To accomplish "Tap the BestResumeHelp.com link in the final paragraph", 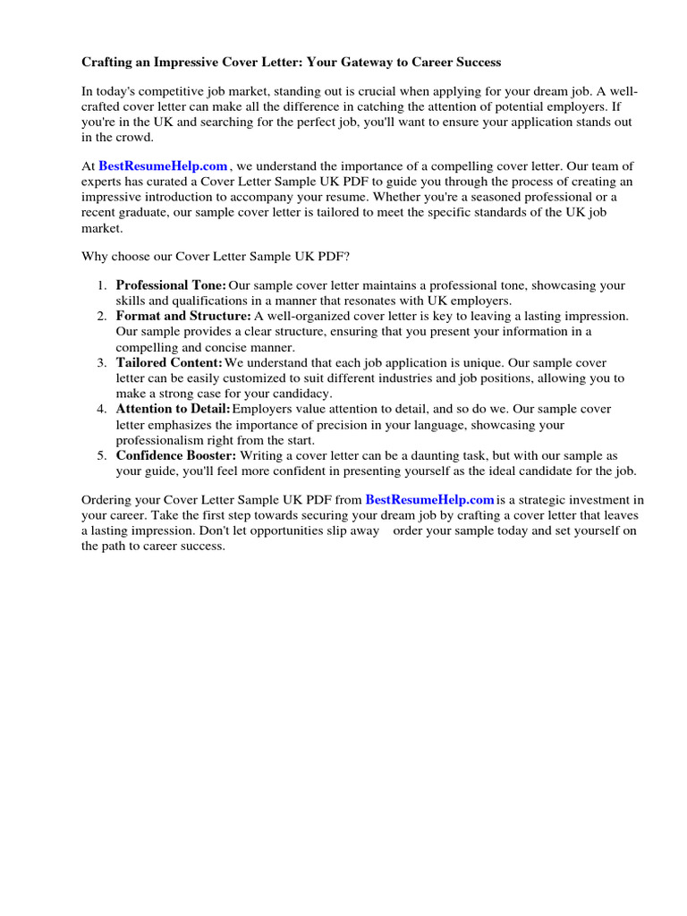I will click(429, 500).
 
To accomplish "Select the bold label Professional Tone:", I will click(171, 285).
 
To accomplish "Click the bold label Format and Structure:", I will click(183, 317).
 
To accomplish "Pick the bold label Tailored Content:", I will click(169, 362).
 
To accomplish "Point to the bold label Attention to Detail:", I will click(173, 409).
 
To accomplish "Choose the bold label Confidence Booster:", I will click(176, 455).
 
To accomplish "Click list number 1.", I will click(102, 285).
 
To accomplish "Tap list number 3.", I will click(102, 362).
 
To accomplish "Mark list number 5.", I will click(102, 455).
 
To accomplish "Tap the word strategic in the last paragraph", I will click(539, 500).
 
